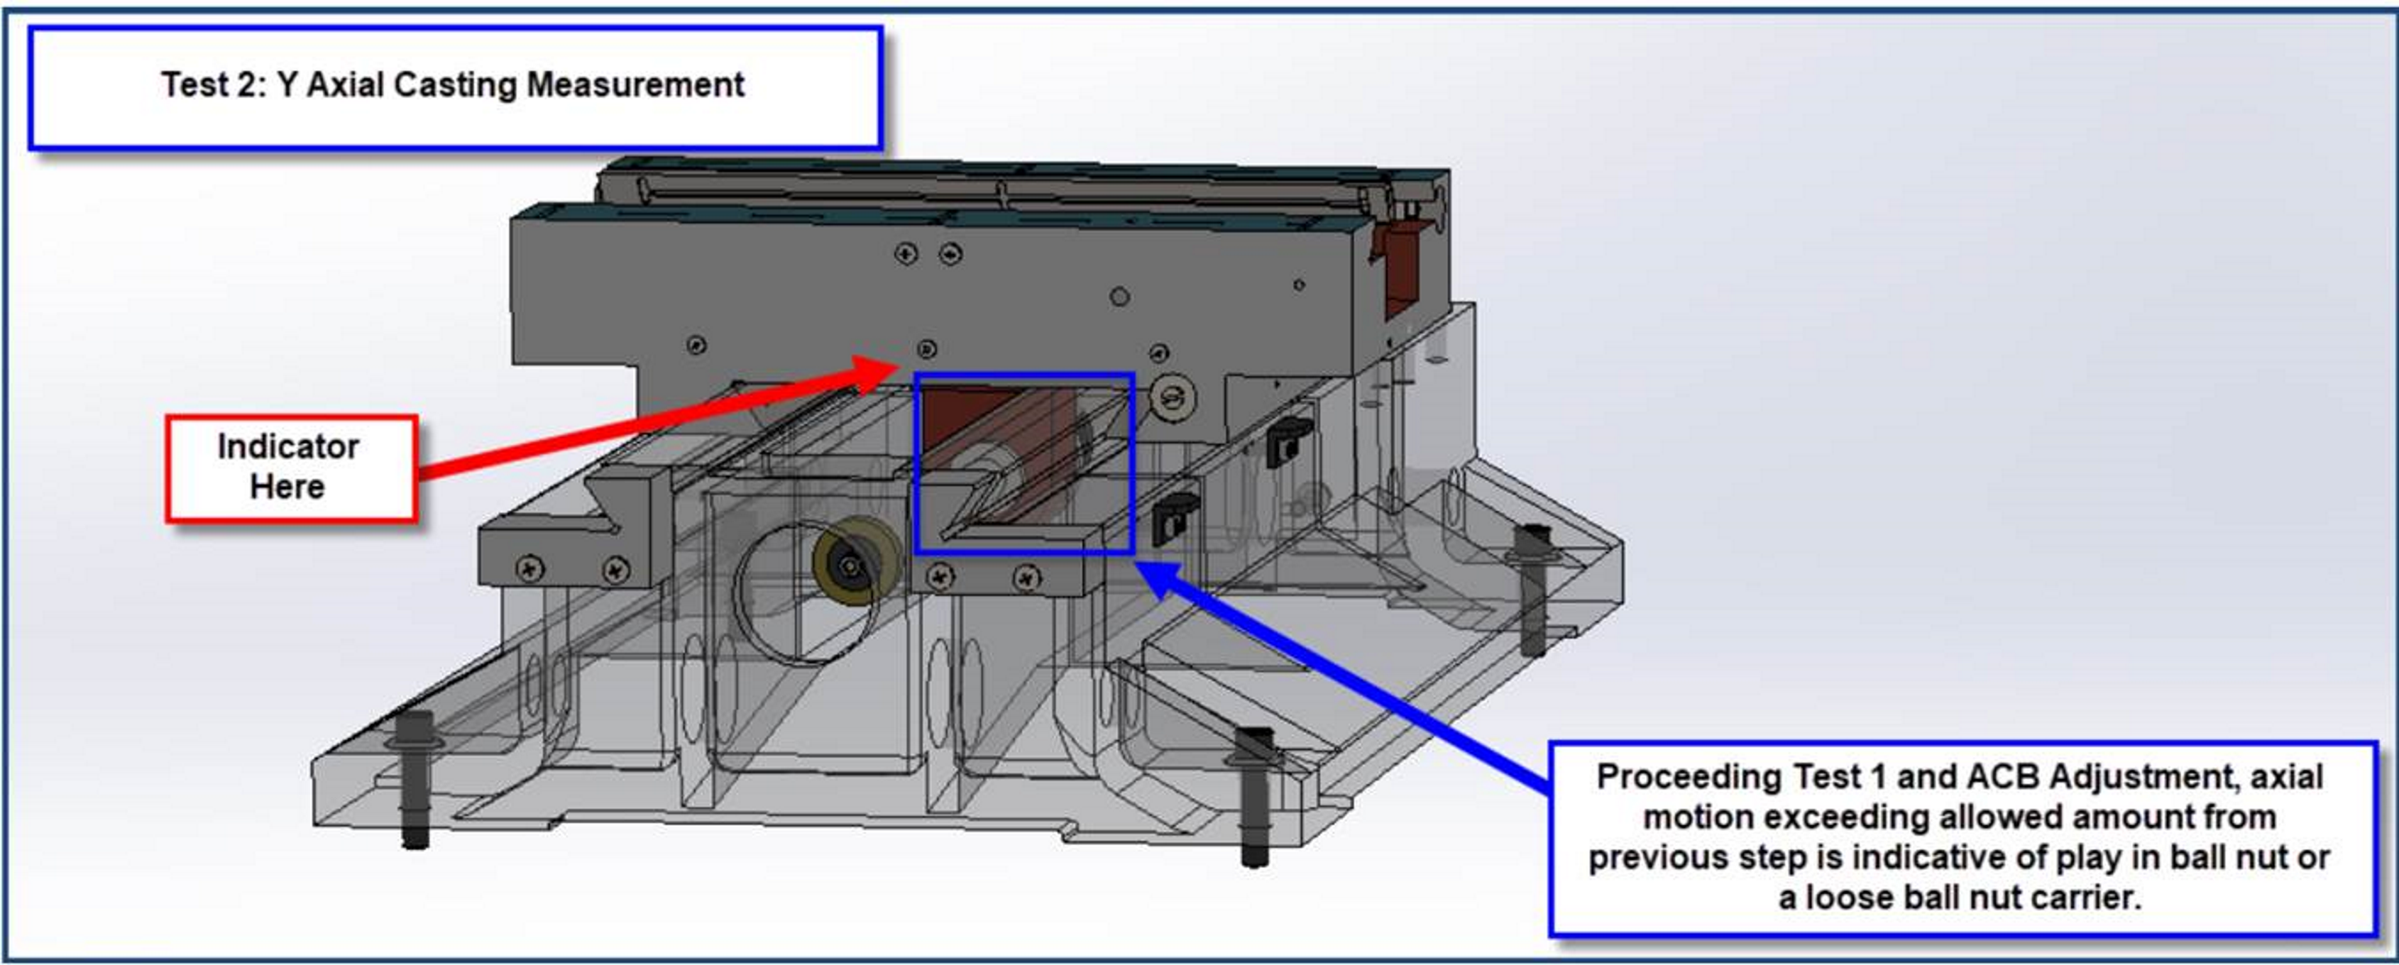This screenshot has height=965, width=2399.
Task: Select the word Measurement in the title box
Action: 635,84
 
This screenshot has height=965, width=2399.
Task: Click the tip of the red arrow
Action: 899,363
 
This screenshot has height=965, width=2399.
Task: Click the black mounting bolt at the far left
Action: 415,781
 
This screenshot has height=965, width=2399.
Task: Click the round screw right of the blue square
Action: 1173,399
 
